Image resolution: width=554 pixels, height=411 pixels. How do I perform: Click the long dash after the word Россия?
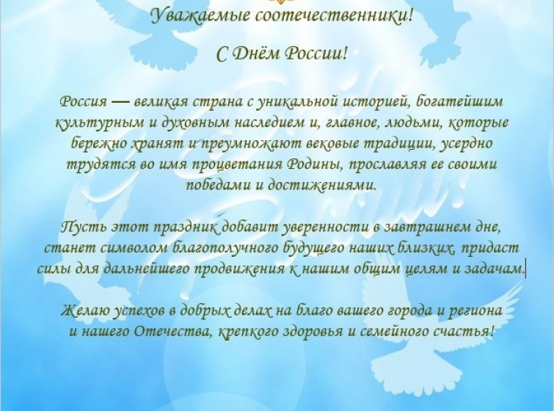tap(120, 102)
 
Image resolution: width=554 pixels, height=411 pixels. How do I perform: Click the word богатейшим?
tap(459, 102)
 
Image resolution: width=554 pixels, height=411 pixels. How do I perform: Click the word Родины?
tap(313, 164)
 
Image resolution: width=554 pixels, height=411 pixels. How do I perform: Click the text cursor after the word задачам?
tap(525, 269)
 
